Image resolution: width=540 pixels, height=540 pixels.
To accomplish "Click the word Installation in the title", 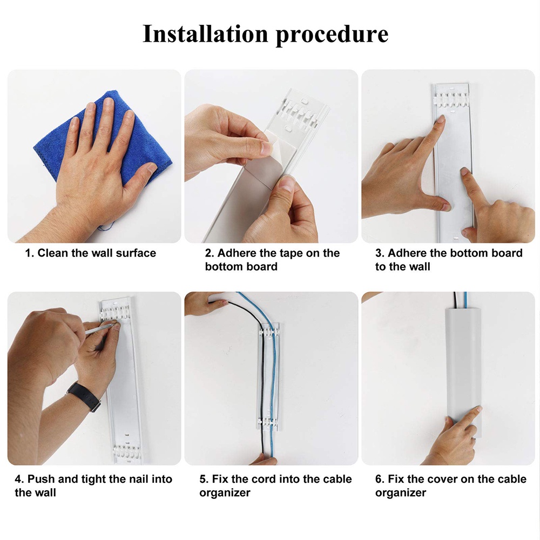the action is click(205, 33).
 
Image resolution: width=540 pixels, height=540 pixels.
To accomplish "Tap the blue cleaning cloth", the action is click(103, 138).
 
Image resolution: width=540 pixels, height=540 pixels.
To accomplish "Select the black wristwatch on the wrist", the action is click(85, 396).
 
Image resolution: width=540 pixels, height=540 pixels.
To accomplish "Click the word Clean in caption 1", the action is click(53, 253).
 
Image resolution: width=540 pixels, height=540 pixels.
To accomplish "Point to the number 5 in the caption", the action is click(204, 479).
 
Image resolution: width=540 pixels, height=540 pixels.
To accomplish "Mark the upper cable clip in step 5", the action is click(268, 333).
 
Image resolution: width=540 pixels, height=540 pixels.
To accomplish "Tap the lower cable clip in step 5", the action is click(268, 422).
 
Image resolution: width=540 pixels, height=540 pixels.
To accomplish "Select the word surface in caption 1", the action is click(136, 253).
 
